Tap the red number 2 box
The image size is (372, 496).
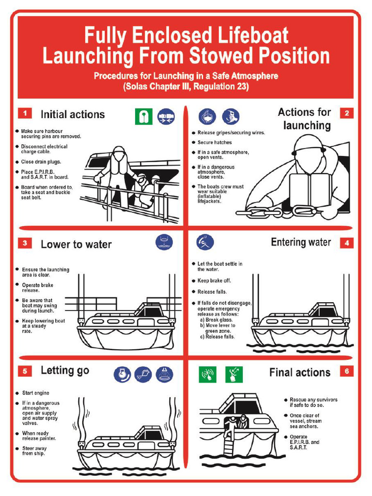[347, 113]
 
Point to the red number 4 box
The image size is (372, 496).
[347, 243]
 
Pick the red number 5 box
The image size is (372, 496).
[25, 372]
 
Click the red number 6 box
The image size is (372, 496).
[347, 372]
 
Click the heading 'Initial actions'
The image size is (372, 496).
[73, 114]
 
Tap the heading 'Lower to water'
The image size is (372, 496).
[76, 244]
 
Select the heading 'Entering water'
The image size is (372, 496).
[301, 242]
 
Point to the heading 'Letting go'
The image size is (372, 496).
[65, 371]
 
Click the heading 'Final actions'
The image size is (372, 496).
[300, 372]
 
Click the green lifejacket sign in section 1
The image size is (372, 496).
[143, 116]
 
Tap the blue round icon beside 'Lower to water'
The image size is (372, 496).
[164, 242]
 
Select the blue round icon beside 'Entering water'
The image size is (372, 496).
[204, 242]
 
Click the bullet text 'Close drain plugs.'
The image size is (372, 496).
[41, 162]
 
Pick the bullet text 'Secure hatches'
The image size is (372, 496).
[215, 142]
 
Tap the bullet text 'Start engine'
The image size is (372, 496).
[36, 393]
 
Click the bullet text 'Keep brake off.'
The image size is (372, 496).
[214, 281]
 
